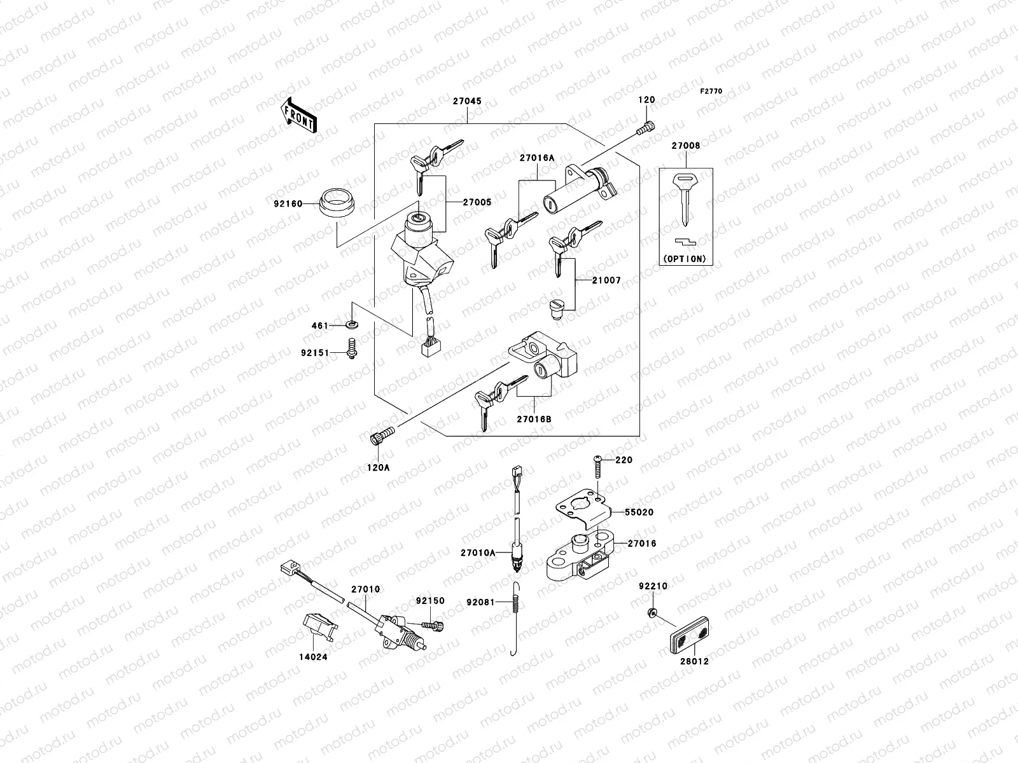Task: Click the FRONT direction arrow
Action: coord(298,115)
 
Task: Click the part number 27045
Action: coord(467,101)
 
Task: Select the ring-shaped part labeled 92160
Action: coord(335,203)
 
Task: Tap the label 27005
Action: coord(477,202)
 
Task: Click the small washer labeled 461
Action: coord(352,326)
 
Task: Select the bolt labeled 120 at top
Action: coord(645,128)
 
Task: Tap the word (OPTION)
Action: coord(685,259)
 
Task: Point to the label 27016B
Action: coord(534,419)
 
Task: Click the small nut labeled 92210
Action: coord(652,613)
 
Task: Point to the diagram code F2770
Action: coord(711,92)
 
